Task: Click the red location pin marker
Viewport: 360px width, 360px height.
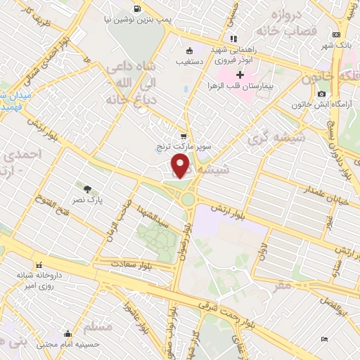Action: click(x=181, y=165)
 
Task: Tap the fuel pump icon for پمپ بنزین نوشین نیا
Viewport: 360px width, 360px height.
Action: click(x=136, y=10)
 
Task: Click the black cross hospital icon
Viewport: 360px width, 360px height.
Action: click(x=240, y=75)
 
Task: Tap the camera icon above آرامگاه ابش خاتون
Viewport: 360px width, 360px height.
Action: click(x=321, y=94)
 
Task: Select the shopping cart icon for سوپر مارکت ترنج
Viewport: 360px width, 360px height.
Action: click(x=184, y=136)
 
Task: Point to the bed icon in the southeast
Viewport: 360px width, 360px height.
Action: click(x=324, y=339)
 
